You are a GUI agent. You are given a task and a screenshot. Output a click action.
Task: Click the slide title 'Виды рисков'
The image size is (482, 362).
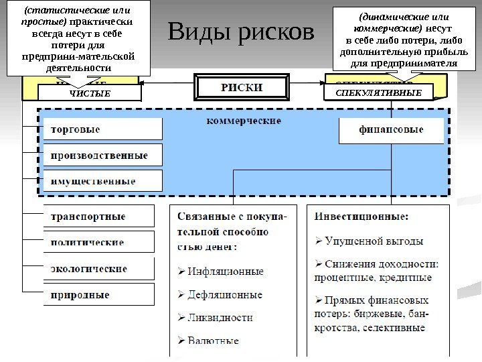pyautogui.click(x=242, y=32)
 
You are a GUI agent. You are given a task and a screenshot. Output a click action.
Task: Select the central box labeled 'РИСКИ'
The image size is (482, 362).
pyautogui.click(x=242, y=88)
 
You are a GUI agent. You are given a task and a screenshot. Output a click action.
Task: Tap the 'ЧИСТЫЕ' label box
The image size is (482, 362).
pyautogui.click(x=90, y=93)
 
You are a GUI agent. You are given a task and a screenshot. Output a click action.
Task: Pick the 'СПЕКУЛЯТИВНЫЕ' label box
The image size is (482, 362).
pyautogui.click(x=379, y=93)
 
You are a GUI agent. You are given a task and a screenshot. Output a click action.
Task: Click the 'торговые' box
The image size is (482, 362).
pyautogui.click(x=102, y=129)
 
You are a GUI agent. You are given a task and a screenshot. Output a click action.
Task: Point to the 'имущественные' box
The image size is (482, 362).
pyautogui.click(x=102, y=181)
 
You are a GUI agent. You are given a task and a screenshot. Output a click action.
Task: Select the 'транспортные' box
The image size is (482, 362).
pyautogui.click(x=98, y=217)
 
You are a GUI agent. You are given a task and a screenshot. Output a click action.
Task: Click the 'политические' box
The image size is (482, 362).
pyautogui.click(x=98, y=242)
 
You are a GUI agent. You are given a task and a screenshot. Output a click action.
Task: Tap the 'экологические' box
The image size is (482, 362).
pyautogui.click(x=98, y=268)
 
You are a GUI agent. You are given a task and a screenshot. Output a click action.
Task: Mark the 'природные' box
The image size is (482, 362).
pyautogui.click(x=98, y=294)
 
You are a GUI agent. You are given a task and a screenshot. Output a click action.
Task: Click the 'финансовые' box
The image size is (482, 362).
pyautogui.click(x=392, y=131)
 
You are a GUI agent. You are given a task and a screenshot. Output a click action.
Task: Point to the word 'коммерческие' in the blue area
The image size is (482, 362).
pyautogui.click(x=244, y=121)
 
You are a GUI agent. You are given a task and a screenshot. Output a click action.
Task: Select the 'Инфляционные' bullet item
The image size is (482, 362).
pyautogui.click(x=225, y=271)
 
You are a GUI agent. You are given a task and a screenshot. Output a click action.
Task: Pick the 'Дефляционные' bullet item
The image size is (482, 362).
pyautogui.click(x=225, y=294)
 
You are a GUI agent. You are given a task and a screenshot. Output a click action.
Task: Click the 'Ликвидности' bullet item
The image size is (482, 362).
pyautogui.click(x=220, y=317)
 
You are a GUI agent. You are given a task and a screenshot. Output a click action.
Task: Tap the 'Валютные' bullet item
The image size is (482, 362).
pyautogui.click(x=212, y=341)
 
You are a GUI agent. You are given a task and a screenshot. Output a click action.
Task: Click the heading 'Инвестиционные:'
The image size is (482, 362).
pyautogui.click(x=362, y=217)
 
